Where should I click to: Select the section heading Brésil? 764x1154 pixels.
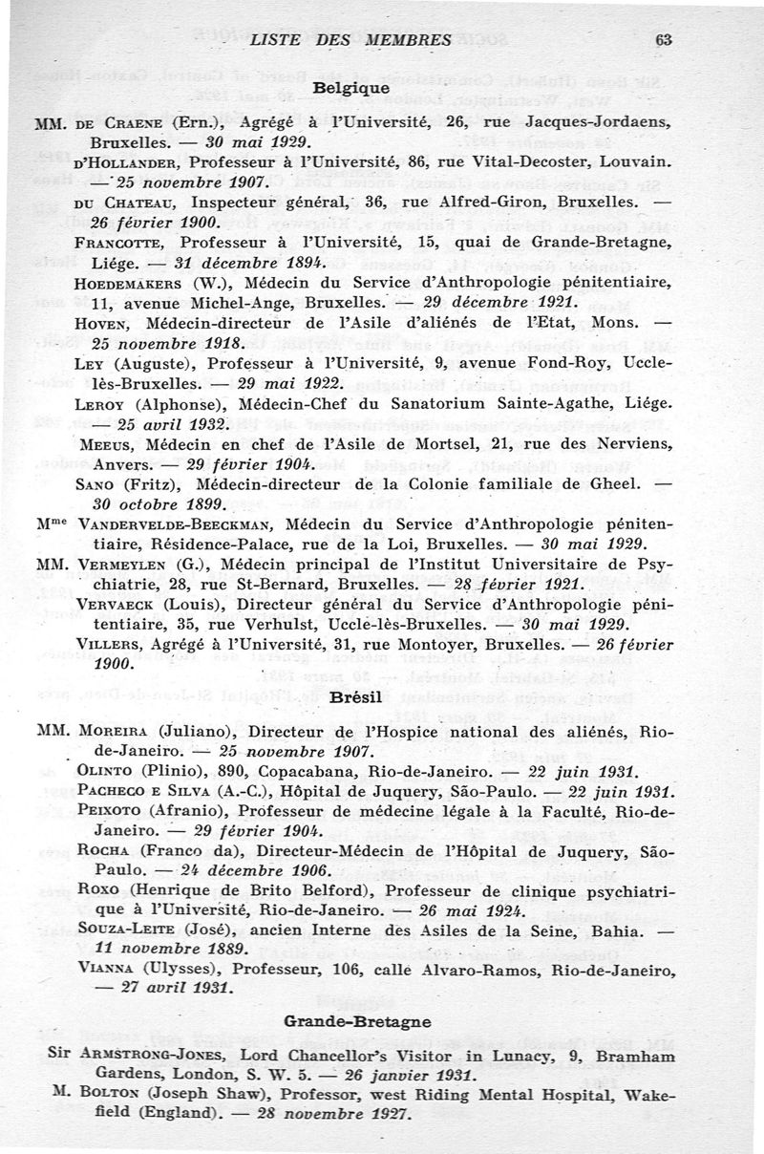pyautogui.click(x=350, y=698)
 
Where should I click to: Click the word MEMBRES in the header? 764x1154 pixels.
pyautogui.click(x=407, y=40)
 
